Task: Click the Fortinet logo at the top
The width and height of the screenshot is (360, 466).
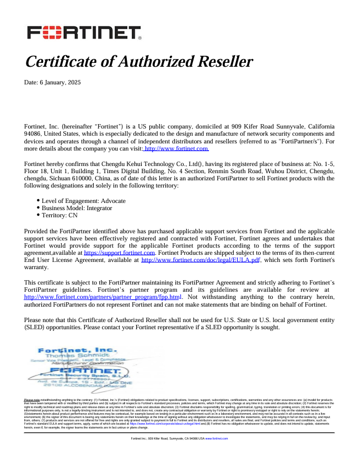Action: (x=84, y=33)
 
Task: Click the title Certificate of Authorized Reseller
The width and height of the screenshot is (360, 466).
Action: (x=139, y=61)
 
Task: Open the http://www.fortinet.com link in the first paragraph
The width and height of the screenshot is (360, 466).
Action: (x=176, y=149)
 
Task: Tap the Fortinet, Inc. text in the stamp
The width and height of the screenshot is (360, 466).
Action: (x=77, y=350)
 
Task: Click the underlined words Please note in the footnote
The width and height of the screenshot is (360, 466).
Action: (x=31, y=399)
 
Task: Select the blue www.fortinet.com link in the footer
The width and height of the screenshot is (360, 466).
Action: (x=216, y=438)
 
